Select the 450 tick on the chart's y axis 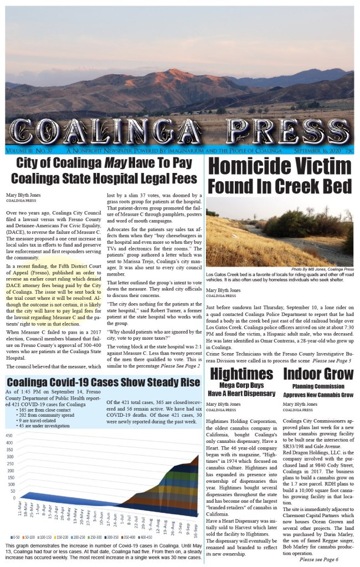9,436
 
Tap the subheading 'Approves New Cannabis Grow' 315,395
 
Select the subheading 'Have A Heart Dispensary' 241,394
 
